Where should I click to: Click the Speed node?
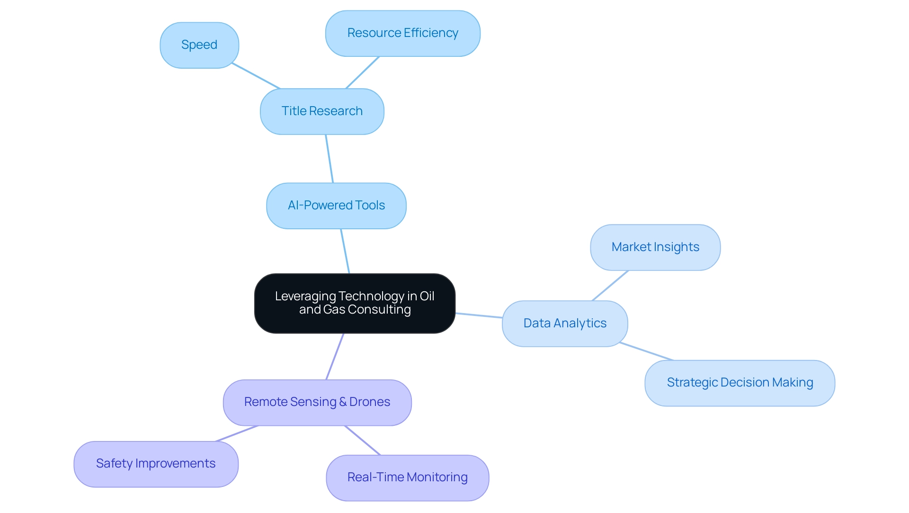tap(199, 45)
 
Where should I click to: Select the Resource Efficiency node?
tap(402, 33)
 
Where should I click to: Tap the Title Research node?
tap(322, 111)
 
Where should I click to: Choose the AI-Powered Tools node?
tap(336, 206)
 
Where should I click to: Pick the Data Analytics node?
tap(565, 324)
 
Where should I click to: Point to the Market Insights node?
tap(655, 247)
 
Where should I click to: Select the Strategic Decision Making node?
tap(740, 383)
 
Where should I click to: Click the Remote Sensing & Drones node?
tap(317, 402)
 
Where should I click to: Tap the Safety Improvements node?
tap(156, 464)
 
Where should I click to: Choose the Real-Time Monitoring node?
tap(407, 477)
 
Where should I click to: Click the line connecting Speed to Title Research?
tap(256, 76)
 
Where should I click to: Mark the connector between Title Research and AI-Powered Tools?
tap(330, 159)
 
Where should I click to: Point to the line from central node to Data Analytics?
tap(479, 315)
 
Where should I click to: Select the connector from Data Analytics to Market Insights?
tap(610, 286)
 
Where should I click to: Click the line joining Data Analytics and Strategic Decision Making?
tap(647, 351)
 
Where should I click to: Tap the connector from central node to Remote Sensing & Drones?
tap(335, 356)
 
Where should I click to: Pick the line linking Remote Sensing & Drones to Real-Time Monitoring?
tap(362, 440)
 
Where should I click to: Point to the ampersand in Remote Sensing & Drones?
tap(343, 402)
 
